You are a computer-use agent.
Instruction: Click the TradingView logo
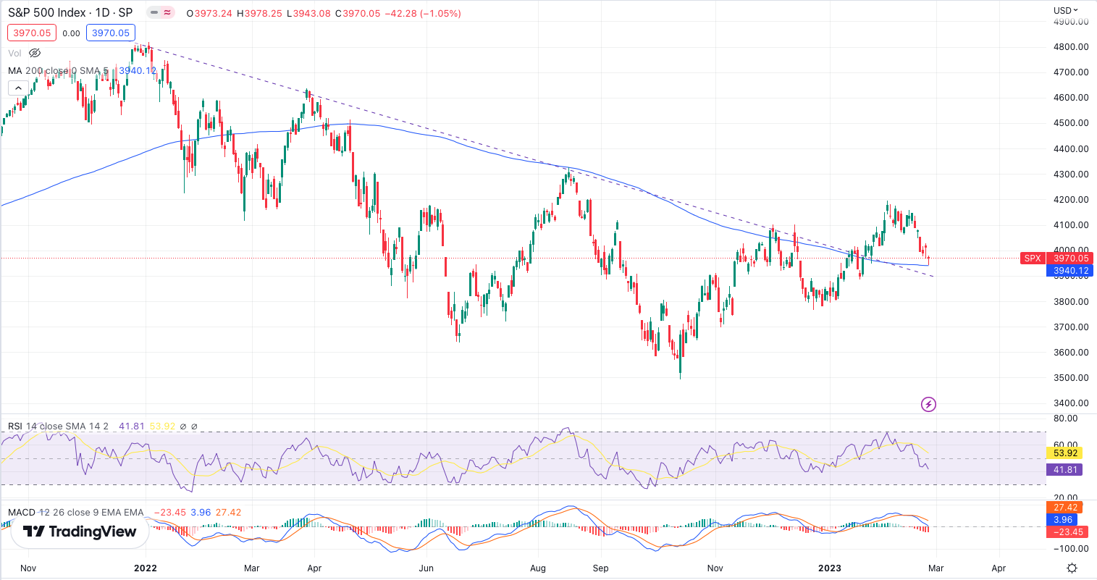click(80, 531)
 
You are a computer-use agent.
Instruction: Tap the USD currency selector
click(1065, 10)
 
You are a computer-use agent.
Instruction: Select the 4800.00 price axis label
click(1071, 47)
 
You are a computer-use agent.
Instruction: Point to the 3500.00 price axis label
click(1071, 378)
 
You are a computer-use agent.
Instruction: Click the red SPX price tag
click(1033, 259)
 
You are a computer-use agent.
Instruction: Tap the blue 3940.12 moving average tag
click(1070, 271)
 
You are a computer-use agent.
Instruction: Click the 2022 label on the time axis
click(146, 568)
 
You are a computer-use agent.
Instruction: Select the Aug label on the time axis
click(538, 568)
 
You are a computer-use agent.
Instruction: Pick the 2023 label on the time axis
click(830, 568)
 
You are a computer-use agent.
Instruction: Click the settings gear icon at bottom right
click(1072, 568)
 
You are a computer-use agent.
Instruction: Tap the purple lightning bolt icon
click(928, 404)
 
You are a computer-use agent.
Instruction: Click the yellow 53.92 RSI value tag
click(1065, 453)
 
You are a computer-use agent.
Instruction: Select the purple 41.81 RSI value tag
click(1065, 470)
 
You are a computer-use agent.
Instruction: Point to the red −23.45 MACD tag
click(1068, 532)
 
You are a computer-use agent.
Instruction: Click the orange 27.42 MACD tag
click(1065, 508)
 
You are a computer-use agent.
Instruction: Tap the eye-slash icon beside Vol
click(35, 53)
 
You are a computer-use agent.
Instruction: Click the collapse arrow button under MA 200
click(18, 88)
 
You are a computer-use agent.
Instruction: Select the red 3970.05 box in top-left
click(32, 33)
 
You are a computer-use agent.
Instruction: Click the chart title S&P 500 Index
click(47, 13)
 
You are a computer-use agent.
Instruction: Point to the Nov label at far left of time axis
click(28, 568)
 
